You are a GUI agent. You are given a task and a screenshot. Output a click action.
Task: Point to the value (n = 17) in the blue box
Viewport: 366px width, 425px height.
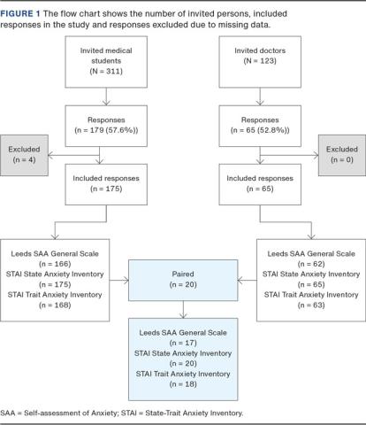pyautogui.click(x=182, y=333)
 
